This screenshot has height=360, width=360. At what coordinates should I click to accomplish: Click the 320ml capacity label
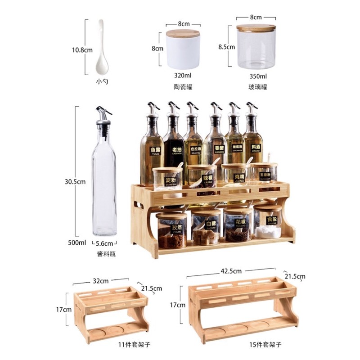183,76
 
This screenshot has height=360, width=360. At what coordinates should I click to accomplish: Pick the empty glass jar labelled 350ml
256,47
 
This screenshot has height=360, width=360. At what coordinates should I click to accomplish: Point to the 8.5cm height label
226,46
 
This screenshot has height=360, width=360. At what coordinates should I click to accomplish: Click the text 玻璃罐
256,86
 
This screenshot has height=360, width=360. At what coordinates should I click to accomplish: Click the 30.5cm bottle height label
75,182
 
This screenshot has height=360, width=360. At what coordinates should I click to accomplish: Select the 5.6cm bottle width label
104,243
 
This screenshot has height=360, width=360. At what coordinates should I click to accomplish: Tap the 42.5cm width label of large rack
231,271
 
